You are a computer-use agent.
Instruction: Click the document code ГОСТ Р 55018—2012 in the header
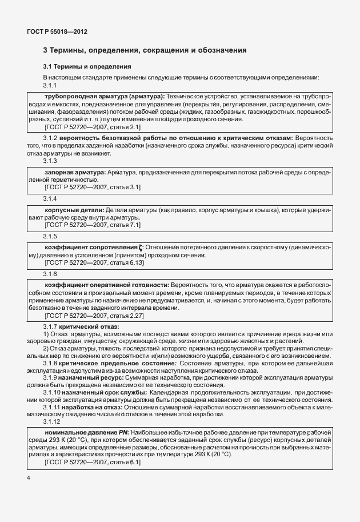(x=57, y=31)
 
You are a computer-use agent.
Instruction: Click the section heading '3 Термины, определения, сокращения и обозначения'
(x=145, y=50)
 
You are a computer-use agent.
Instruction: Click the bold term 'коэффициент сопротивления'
(x=91, y=248)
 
